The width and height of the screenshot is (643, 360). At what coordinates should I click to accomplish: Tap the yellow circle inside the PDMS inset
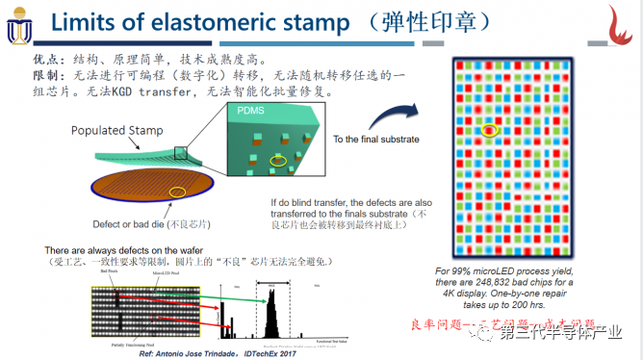277,160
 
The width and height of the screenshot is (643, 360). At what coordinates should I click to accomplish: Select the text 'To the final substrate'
376,140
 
